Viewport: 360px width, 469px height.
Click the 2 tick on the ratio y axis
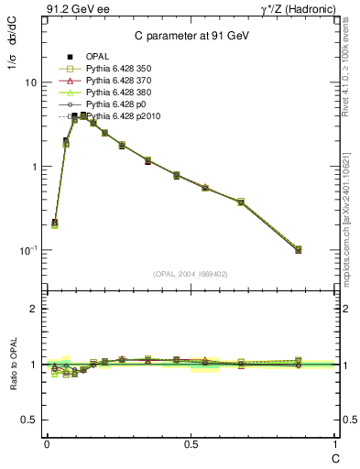click(x=34, y=309)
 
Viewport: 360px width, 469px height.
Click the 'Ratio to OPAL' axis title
click(x=12, y=365)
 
